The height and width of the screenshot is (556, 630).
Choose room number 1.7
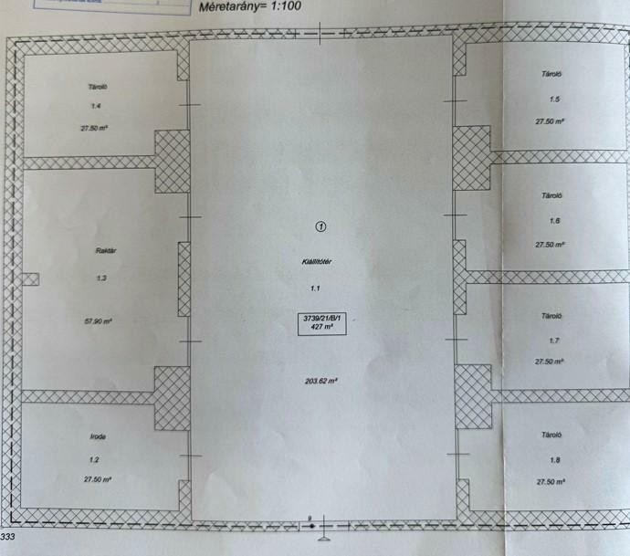[x=553, y=340]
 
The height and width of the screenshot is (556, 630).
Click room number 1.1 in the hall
[x=316, y=288]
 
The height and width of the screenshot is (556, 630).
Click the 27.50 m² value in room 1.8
[x=551, y=481]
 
